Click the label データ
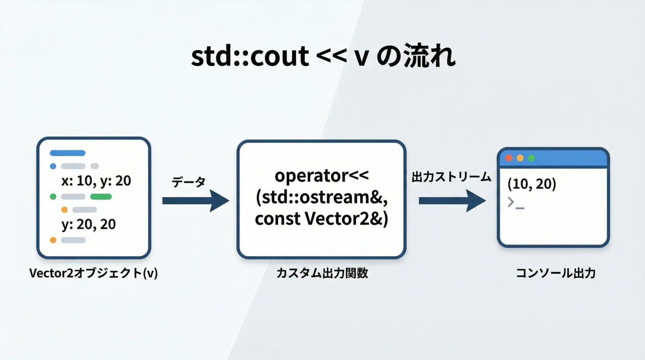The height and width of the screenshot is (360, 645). pyautogui.click(x=188, y=182)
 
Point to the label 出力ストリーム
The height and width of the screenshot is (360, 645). pyautogui.click(x=451, y=177)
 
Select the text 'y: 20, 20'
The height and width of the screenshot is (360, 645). pyautogui.click(x=89, y=224)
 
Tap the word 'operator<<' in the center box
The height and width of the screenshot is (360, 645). pyautogui.click(x=321, y=176)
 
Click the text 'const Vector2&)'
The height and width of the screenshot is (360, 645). pyautogui.click(x=321, y=219)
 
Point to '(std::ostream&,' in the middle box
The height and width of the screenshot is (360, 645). pyautogui.click(x=321, y=197)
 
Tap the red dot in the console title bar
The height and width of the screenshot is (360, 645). pyautogui.click(x=509, y=158)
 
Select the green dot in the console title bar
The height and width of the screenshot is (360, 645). pyautogui.click(x=531, y=158)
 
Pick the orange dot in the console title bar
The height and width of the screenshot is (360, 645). pyautogui.click(x=520, y=158)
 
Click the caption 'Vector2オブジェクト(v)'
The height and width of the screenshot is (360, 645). pyautogui.click(x=93, y=273)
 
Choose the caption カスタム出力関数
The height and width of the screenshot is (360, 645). pyautogui.click(x=322, y=273)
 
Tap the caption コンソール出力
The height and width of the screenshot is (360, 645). pyautogui.click(x=556, y=273)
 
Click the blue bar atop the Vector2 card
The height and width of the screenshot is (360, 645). pyautogui.click(x=68, y=153)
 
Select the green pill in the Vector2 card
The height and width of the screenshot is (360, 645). pyautogui.click(x=101, y=197)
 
